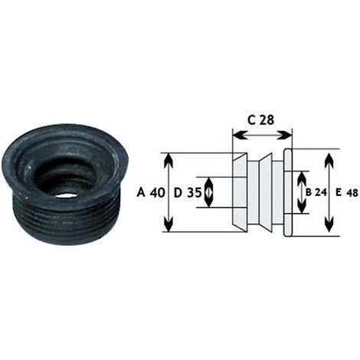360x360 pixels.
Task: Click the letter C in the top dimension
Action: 251,119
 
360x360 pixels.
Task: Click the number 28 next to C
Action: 267,119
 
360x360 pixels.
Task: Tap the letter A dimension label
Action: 141,192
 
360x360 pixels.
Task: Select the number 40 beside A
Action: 157,192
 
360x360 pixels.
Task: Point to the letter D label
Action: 178,192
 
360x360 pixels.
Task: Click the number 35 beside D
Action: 195,192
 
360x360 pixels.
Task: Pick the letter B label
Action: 309,192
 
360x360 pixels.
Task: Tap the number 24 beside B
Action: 321,192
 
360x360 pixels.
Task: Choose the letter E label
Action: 339,193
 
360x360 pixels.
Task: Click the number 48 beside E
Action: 352,193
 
